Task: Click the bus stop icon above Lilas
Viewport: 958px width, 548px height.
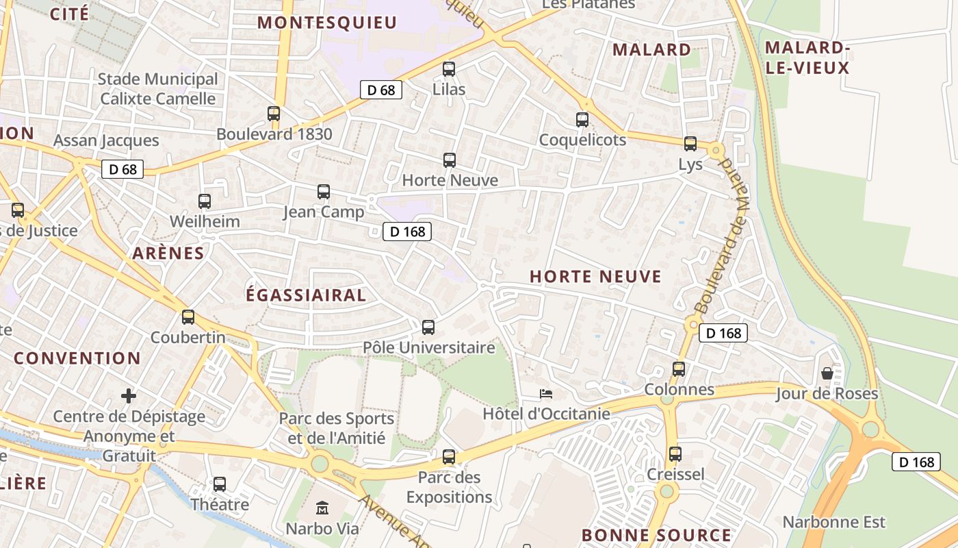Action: (x=449, y=69)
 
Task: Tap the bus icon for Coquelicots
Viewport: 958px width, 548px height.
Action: (x=582, y=120)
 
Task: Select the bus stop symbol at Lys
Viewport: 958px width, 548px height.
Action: (x=690, y=144)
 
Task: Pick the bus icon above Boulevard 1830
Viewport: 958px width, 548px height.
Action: (x=274, y=114)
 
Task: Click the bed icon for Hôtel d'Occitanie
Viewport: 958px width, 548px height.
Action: (x=546, y=394)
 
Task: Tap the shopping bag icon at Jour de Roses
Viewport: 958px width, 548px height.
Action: (x=827, y=373)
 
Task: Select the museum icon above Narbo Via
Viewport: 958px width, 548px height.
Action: (x=322, y=508)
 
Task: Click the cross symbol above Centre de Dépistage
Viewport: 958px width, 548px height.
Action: (x=129, y=396)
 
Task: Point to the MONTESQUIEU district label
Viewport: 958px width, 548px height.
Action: (x=327, y=23)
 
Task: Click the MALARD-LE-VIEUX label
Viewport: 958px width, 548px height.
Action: (x=807, y=58)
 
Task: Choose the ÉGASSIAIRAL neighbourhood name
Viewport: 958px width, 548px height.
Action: (x=306, y=295)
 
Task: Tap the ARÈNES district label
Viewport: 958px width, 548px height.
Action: (x=168, y=253)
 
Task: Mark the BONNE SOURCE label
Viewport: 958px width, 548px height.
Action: (x=656, y=535)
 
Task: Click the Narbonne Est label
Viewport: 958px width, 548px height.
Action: (x=834, y=522)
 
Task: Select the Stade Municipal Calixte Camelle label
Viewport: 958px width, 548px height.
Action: (x=158, y=89)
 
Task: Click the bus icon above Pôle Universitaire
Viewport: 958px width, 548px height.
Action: (x=428, y=327)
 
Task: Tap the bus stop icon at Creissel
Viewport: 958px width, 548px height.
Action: (x=675, y=453)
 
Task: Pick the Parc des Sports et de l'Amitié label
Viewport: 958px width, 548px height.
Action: (x=337, y=428)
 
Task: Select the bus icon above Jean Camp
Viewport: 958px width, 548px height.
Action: (x=324, y=192)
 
